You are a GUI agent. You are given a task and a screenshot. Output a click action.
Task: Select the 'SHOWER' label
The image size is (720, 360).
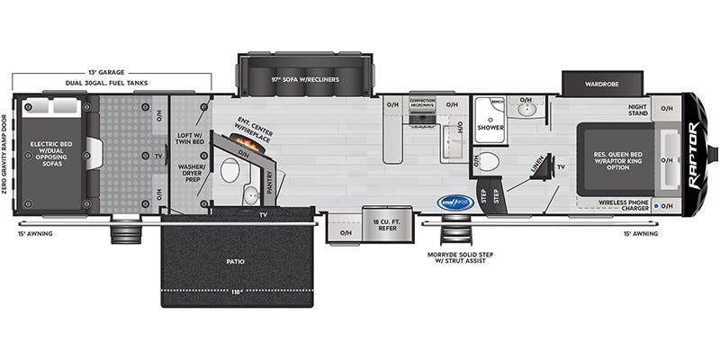[490, 128]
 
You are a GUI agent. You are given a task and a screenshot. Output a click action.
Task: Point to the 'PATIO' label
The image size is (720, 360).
[237, 261]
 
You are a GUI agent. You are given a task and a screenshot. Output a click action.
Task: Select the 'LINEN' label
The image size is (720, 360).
[537, 165]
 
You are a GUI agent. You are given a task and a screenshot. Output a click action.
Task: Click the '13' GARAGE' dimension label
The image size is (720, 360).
[106, 70]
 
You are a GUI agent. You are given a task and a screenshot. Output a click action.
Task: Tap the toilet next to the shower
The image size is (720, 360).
[488, 162]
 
